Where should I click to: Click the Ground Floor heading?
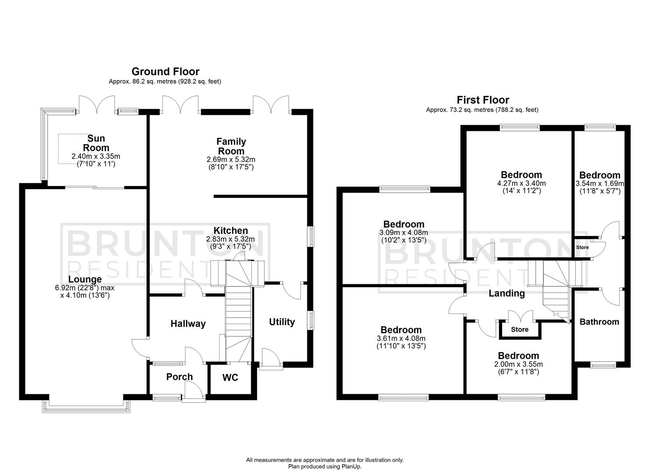(165, 71)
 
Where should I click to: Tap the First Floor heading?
(483, 100)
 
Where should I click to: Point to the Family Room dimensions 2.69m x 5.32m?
(231, 159)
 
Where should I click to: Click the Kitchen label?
(231, 230)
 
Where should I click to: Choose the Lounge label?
(85, 279)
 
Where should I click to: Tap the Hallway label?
(188, 324)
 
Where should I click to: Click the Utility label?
(282, 322)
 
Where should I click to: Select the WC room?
(230, 377)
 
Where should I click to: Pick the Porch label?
(179, 377)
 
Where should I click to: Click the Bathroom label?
(599, 321)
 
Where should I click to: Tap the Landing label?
(506, 293)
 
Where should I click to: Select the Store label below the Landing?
(520, 329)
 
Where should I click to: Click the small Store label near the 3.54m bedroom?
(583, 247)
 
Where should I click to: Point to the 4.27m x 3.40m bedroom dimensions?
(521, 183)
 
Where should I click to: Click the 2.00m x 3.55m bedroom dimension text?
(518, 364)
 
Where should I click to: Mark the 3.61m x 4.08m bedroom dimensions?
(401, 338)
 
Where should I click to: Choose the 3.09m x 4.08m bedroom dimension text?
(404, 233)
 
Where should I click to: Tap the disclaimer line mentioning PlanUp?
(325, 467)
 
